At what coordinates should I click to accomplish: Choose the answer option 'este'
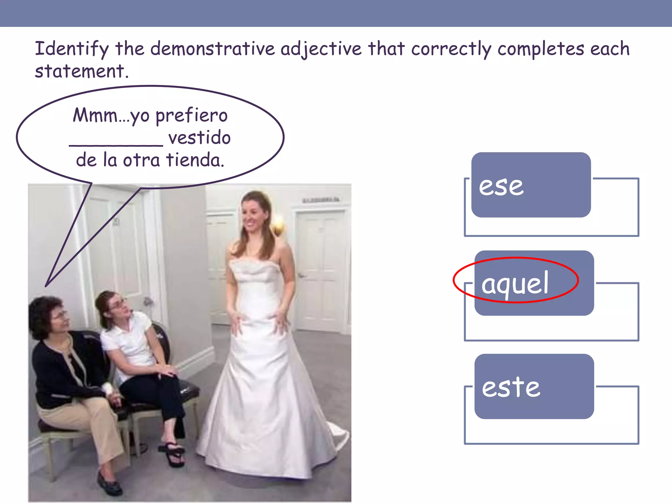click(534, 387)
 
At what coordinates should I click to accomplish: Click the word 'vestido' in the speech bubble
click(199, 138)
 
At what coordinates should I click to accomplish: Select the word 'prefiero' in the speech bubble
click(191, 115)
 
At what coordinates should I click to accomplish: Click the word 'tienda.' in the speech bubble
click(195, 160)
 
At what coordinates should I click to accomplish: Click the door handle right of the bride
click(301, 276)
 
